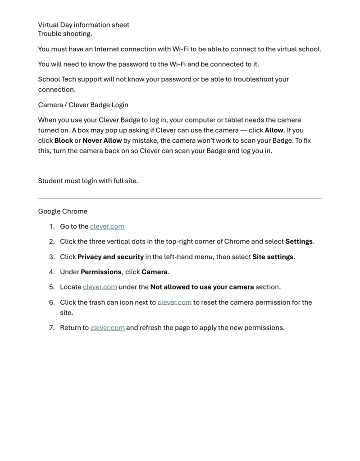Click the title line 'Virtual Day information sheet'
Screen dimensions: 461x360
pyautogui.click(x=83, y=25)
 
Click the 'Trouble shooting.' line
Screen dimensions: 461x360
pyautogui.click(x=65, y=34)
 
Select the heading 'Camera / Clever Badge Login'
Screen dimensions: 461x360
pyautogui.click(x=83, y=105)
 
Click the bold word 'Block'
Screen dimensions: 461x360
pyautogui.click(x=64, y=140)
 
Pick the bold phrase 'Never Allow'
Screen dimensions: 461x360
pyautogui.click(x=102, y=140)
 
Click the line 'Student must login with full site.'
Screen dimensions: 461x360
pyautogui.click(x=88, y=181)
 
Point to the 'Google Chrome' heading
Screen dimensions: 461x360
pyautogui.click(x=63, y=211)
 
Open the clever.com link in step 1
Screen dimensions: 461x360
pyautogui.click(x=107, y=226)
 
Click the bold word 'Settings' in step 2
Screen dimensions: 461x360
pyautogui.click(x=299, y=241)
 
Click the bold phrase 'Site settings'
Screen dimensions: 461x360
pyautogui.click(x=273, y=257)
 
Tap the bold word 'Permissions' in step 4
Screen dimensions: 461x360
pyautogui.click(x=101, y=272)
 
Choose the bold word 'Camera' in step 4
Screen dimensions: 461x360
pyautogui.click(x=155, y=272)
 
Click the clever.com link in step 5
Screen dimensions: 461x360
pyautogui.click(x=100, y=287)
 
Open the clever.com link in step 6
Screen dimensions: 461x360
pyautogui.click(x=174, y=302)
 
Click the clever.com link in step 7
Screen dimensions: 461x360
pyautogui.click(x=107, y=328)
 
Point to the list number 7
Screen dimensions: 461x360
pyautogui.click(x=51, y=328)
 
